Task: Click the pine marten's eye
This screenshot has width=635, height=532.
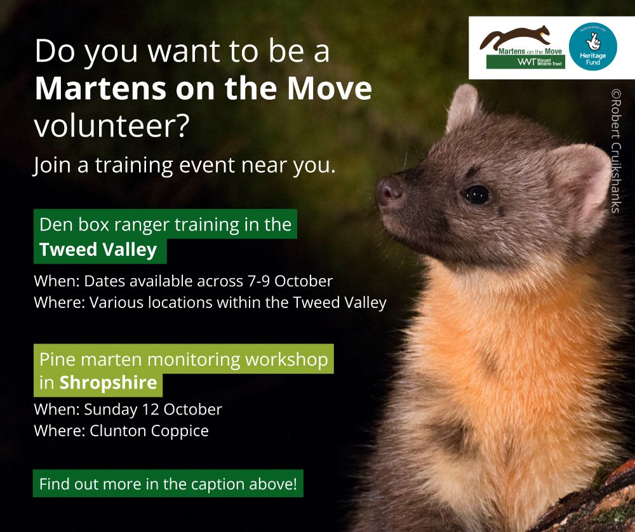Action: (477, 195)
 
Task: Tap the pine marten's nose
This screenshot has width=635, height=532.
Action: (389, 190)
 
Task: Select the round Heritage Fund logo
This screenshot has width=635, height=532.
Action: (593, 46)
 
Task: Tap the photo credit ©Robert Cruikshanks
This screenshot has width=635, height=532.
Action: (616, 150)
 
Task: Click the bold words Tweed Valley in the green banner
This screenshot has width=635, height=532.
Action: (98, 249)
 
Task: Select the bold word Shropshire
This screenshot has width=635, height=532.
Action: (108, 383)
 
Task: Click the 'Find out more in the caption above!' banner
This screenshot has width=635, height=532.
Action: (168, 483)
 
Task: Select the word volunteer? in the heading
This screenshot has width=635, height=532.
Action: (112, 126)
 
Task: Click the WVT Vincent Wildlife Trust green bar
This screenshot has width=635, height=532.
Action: (526, 62)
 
